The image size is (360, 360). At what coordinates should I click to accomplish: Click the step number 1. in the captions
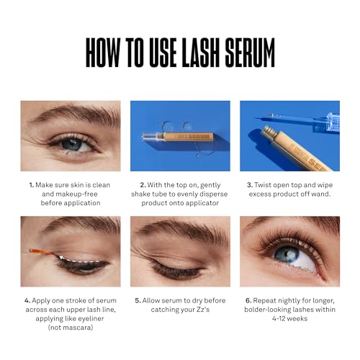[31, 184]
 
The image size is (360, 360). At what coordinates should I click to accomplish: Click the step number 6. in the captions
[247, 299]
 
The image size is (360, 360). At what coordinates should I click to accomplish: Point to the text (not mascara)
[70, 327]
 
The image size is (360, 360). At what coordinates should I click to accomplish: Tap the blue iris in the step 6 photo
[288, 256]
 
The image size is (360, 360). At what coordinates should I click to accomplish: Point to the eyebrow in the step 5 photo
[180, 232]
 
